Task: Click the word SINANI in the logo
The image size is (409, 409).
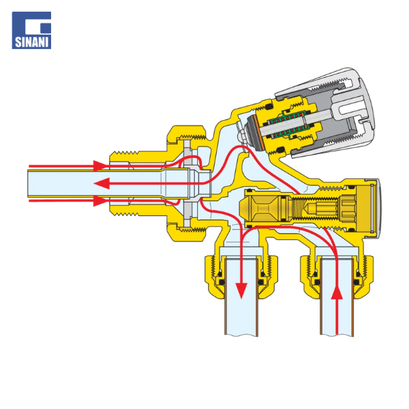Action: [x=31, y=42]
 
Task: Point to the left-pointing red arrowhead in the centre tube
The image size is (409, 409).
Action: [x=102, y=183]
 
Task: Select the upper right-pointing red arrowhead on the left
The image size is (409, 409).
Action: [x=100, y=166]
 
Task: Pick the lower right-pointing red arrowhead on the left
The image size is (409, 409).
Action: [x=100, y=201]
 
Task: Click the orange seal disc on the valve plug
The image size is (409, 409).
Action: [x=259, y=133]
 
